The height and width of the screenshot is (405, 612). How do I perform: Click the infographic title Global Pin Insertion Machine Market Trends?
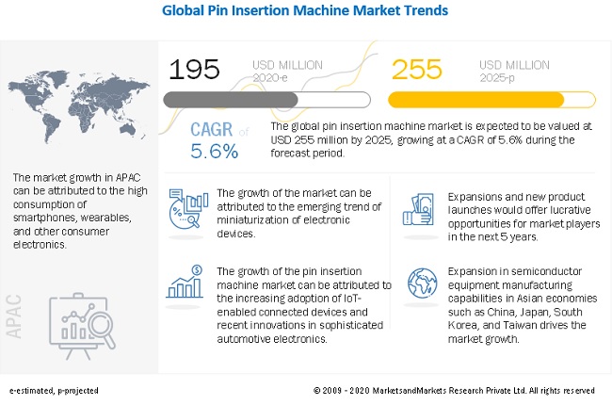click(x=305, y=11)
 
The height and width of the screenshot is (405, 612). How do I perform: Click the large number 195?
click(x=194, y=69)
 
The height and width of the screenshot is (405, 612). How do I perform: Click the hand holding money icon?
click(x=422, y=208)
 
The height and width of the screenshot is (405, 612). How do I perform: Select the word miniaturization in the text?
click(x=253, y=219)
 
